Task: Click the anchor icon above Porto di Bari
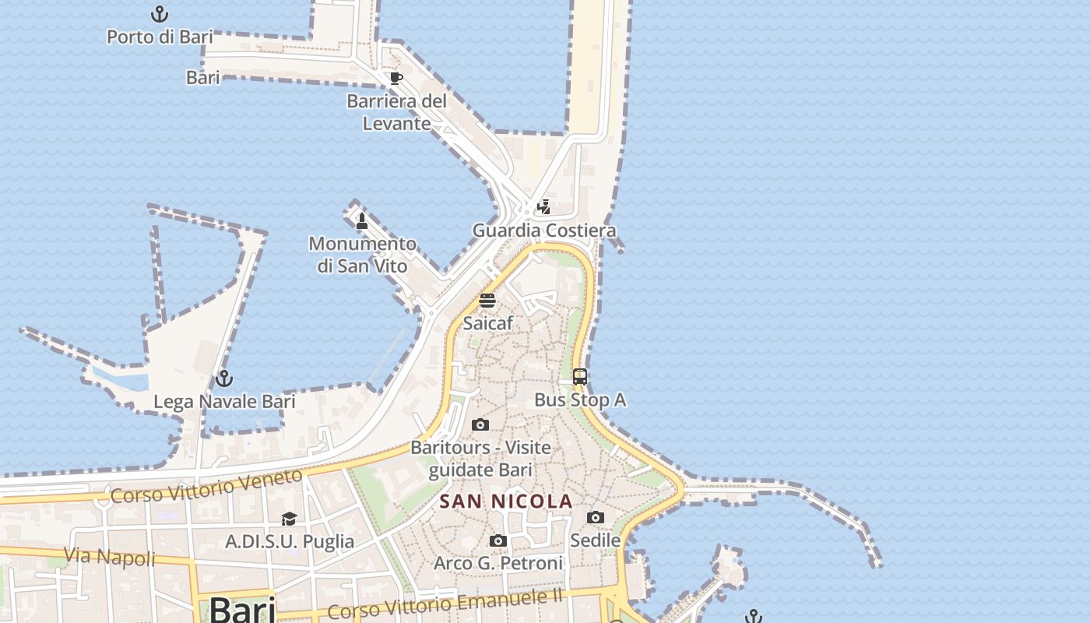(159, 14)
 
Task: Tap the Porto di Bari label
(160, 37)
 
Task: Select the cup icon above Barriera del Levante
(396, 78)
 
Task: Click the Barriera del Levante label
(397, 112)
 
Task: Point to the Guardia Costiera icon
(544, 207)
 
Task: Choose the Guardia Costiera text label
(544, 231)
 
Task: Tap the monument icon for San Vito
(362, 221)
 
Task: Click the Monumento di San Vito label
(362, 255)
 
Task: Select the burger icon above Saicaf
(487, 301)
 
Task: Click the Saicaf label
(487, 322)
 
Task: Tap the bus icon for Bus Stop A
(580, 377)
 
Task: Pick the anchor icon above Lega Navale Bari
(224, 378)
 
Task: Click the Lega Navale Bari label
(224, 402)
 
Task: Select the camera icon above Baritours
(480, 424)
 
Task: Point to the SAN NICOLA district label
(506, 502)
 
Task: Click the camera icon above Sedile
(596, 517)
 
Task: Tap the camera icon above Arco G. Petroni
(498, 540)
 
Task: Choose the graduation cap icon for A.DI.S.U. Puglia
(289, 519)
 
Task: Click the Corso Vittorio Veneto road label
(206, 486)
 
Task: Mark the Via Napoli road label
(109, 558)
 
